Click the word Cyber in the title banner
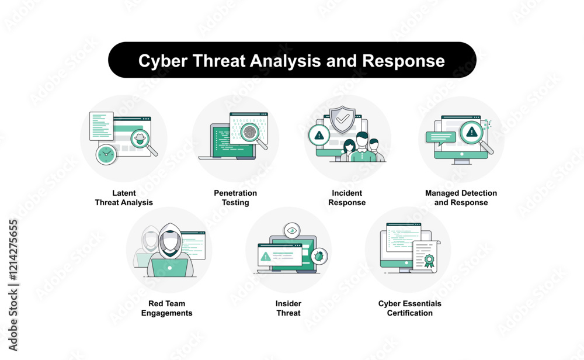point(163,61)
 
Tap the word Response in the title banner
point(404,61)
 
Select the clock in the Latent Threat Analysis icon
point(106,154)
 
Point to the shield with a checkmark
point(343,119)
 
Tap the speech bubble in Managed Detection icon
point(441,138)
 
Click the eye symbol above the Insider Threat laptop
point(292,231)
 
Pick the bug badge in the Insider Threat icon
point(319,256)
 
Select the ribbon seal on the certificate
point(429,261)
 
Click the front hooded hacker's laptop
point(169,268)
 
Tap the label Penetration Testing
point(235,198)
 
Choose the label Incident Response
point(347,198)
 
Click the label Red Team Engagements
point(167,308)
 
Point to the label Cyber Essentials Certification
point(410,308)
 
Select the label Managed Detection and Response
point(461,198)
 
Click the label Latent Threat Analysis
point(124,198)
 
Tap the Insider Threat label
point(288,308)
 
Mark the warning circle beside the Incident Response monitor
point(319,135)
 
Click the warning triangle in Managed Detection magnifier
point(472,131)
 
